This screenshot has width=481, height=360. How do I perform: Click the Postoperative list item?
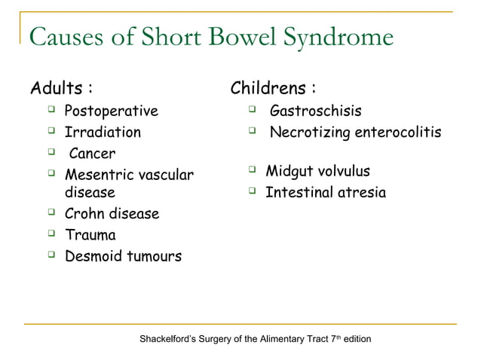coord(112,112)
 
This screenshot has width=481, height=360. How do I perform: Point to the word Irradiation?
coord(103,133)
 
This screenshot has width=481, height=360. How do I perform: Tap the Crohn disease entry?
coord(112,214)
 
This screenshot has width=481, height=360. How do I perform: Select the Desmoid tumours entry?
coord(123,256)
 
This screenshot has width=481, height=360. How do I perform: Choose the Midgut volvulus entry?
coord(317,172)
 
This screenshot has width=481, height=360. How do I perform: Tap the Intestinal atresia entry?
coord(325,193)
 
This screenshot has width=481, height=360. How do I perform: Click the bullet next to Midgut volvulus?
coord(254,171)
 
